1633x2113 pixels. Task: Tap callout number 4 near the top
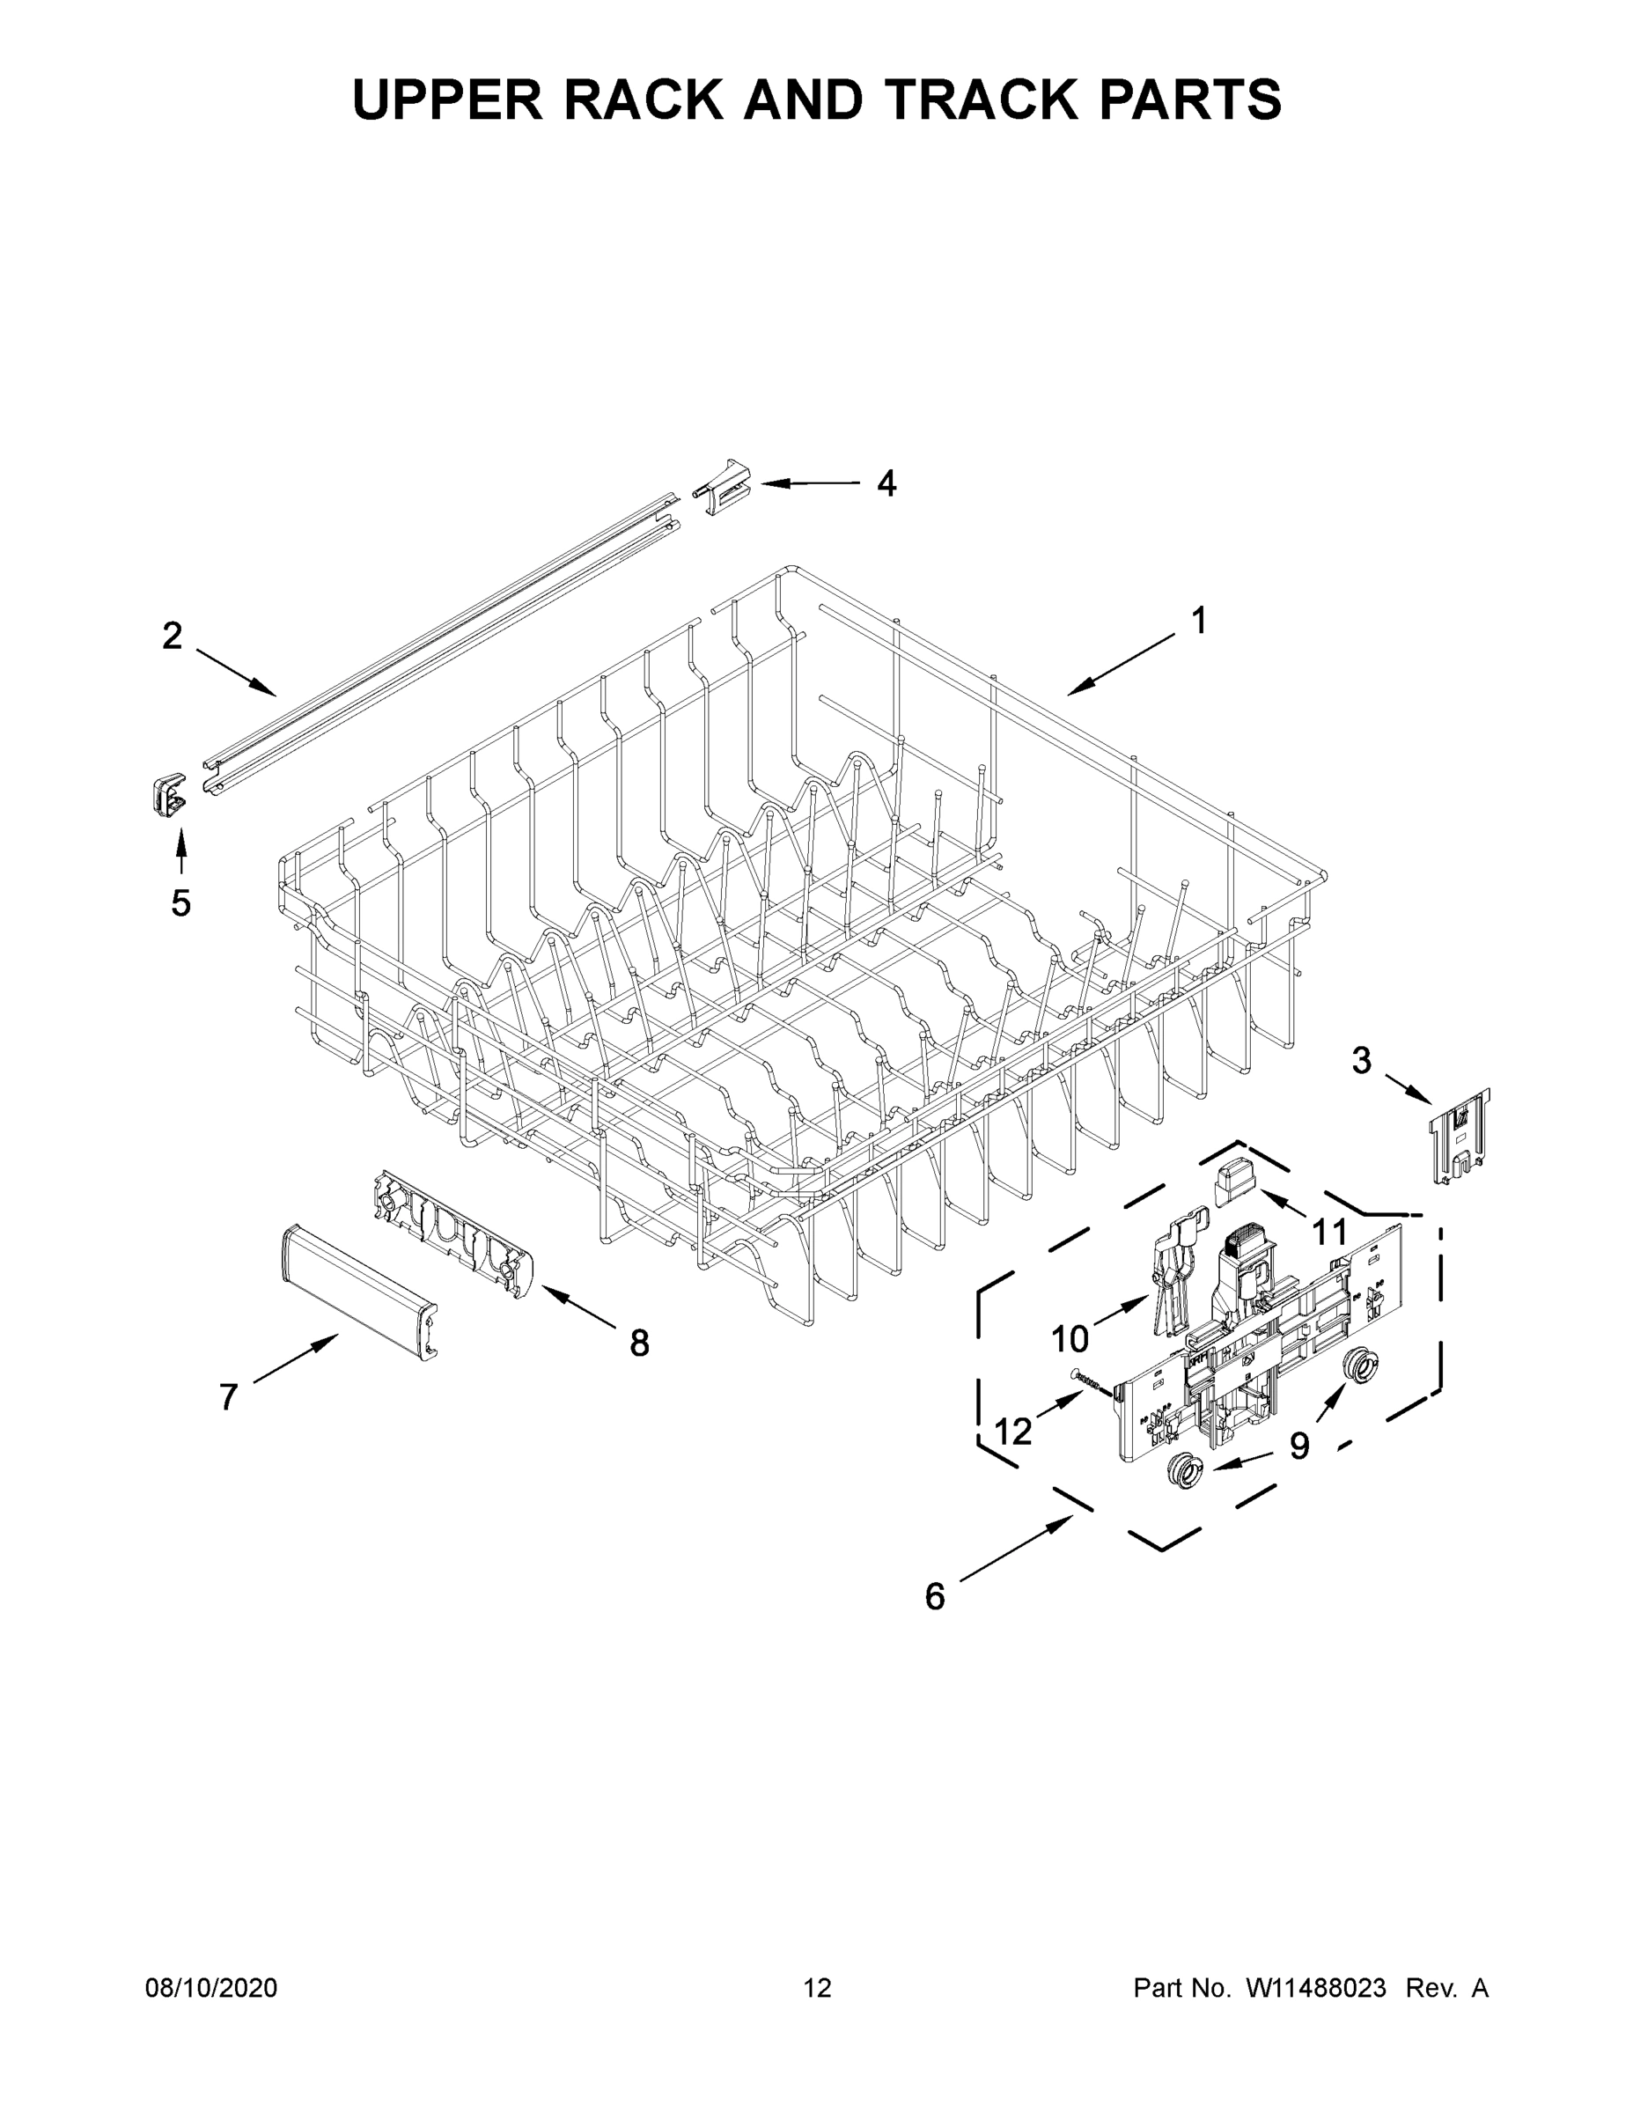[x=886, y=482]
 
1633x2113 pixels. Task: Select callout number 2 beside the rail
[x=172, y=637]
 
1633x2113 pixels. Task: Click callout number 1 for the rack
[x=1197, y=621]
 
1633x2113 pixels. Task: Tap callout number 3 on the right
[x=1361, y=1061]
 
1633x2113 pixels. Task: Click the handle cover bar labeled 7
[x=358, y=1288]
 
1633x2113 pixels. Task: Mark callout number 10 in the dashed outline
[x=1069, y=1339]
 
